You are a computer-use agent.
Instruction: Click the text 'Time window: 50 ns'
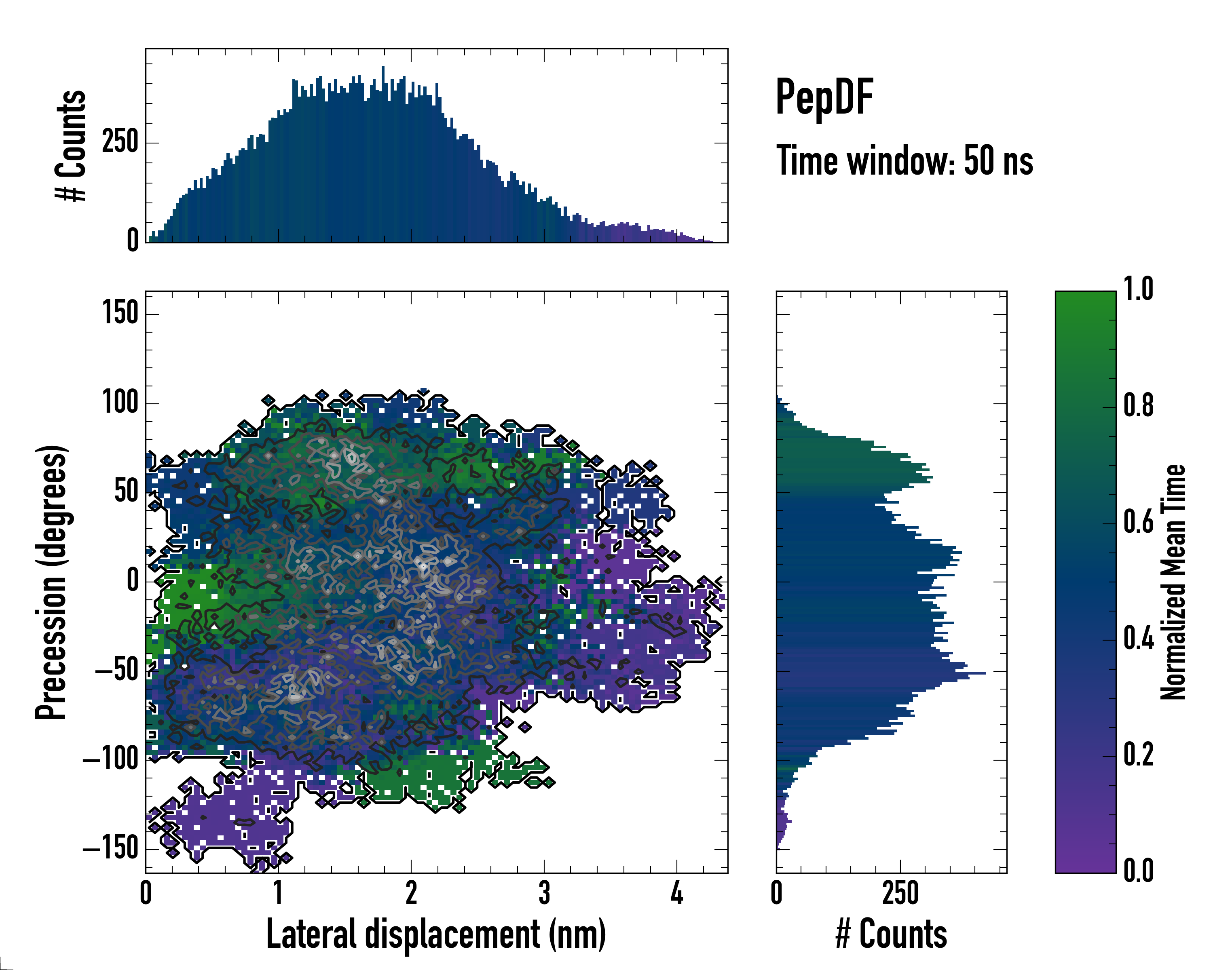coord(904,161)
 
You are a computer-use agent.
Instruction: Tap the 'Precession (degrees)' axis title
coord(52,582)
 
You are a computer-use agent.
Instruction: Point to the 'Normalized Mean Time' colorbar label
coord(1173,582)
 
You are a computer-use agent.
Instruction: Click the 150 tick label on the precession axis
coord(120,313)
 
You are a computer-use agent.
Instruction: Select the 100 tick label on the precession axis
coord(120,403)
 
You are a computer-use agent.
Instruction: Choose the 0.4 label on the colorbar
coord(1138,639)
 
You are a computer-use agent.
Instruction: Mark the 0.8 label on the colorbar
coord(1138,406)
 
